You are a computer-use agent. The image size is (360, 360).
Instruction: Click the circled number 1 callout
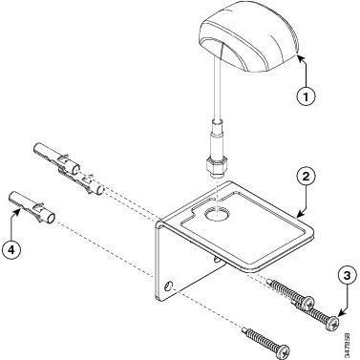tap(307, 96)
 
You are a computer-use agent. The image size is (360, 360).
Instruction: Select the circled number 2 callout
tap(306, 177)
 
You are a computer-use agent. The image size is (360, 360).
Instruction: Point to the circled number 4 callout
tap(11, 249)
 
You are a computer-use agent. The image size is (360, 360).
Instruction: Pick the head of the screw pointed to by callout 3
tap(333, 324)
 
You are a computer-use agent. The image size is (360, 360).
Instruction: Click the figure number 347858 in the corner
tap(348, 345)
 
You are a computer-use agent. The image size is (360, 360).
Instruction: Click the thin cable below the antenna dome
tap(218, 87)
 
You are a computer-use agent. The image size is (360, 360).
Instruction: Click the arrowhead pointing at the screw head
tap(339, 313)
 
